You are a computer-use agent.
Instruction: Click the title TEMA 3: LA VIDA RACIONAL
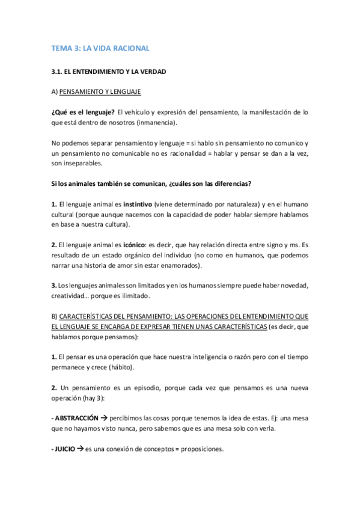point(100,48)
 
